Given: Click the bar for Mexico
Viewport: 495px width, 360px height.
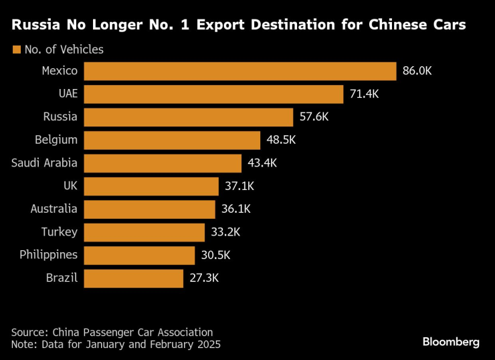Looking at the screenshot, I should tap(241, 71).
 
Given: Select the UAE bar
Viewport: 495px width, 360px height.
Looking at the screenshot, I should tap(213, 94).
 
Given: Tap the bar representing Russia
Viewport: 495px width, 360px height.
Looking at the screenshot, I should tap(189, 117).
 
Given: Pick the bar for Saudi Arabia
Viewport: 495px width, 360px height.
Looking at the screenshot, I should tap(163, 163).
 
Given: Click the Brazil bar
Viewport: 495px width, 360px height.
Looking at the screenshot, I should tap(134, 278).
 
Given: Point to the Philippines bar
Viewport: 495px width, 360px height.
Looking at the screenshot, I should tap(139, 256).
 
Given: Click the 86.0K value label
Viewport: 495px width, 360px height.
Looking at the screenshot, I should tap(417, 71).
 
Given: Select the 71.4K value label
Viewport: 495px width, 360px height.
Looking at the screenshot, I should tap(364, 94).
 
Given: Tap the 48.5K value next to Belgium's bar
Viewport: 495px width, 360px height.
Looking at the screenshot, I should tap(280, 141).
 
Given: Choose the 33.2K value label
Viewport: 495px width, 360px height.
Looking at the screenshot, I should tap(225, 232).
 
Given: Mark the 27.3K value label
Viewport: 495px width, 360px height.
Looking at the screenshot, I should tap(203, 278).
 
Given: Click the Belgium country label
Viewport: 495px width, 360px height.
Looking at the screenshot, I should tap(56, 141).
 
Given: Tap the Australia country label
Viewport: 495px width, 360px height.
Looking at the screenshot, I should tap(54, 209).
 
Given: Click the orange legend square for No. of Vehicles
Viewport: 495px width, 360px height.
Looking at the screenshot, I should tap(16, 50).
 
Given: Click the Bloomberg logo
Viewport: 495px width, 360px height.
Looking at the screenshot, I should tap(451, 342).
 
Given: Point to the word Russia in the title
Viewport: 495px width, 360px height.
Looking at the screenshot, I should tap(37, 25).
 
